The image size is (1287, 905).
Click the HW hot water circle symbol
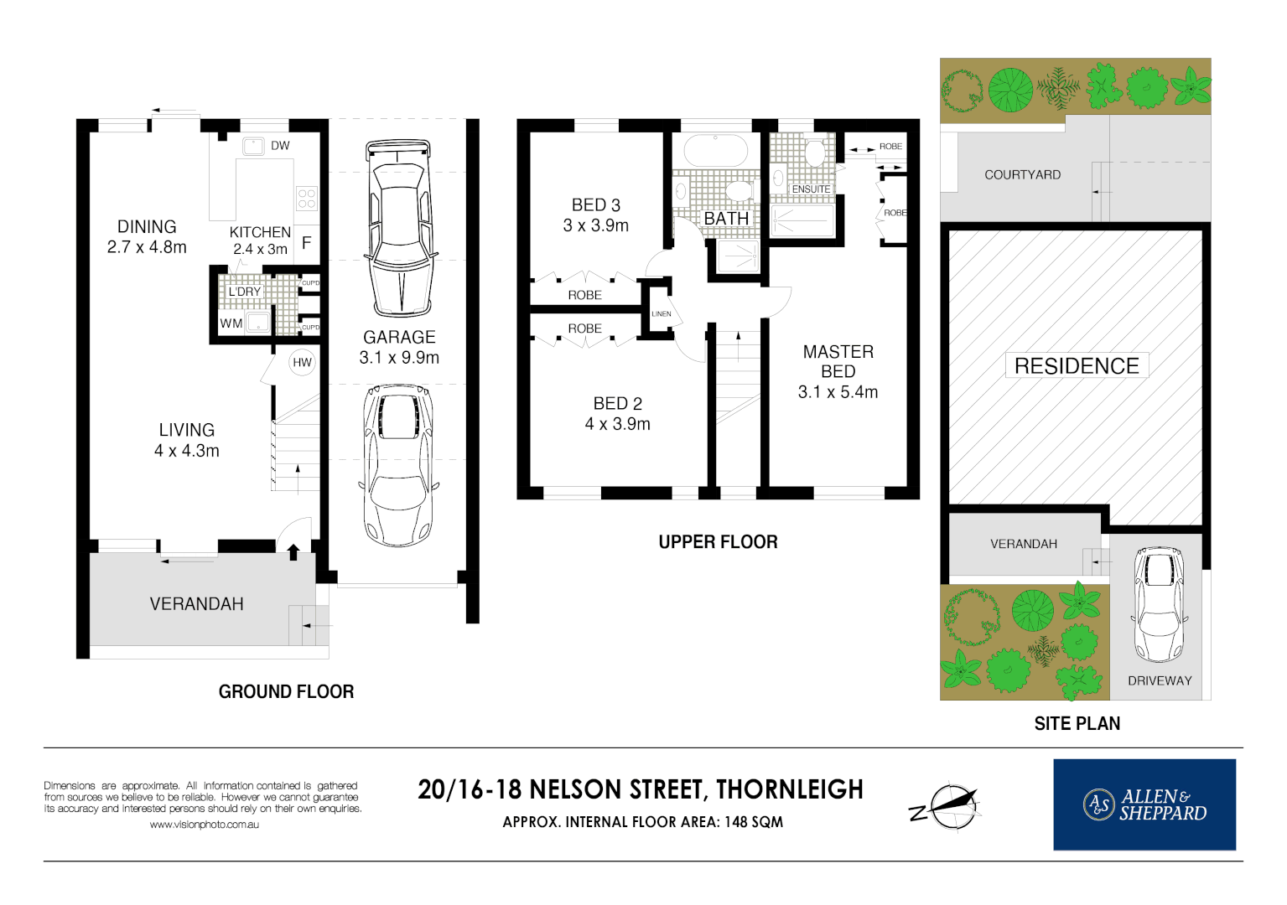tap(302, 362)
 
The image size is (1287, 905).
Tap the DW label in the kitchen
tap(280, 146)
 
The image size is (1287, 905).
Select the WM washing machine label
tap(231, 323)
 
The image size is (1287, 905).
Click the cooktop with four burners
tap(307, 198)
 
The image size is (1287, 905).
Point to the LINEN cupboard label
tap(662, 314)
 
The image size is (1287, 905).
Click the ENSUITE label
tap(811, 189)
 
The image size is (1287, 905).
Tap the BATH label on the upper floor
tap(726, 219)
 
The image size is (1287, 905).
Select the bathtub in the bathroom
tap(715, 151)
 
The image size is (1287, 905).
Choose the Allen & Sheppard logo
tap(1144, 804)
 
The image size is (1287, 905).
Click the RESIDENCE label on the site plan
tap(1077, 366)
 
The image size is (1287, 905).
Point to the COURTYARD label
tap(1023, 175)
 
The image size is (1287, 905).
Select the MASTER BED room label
tap(838, 362)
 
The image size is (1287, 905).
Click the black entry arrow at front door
tap(293, 552)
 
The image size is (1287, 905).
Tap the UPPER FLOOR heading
tap(718, 542)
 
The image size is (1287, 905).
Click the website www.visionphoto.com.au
tap(205, 825)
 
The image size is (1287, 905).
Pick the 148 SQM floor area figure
tap(753, 822)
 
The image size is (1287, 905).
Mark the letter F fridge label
tap(307, 242)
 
